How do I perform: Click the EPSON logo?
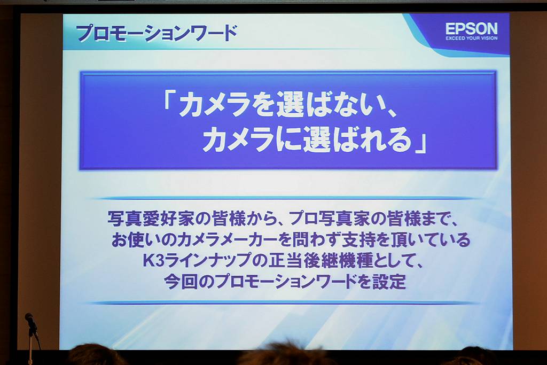point(471,29)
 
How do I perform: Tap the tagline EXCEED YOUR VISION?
point(471,38)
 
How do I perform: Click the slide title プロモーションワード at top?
point(157,34)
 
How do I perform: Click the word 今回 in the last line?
point(181,282)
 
